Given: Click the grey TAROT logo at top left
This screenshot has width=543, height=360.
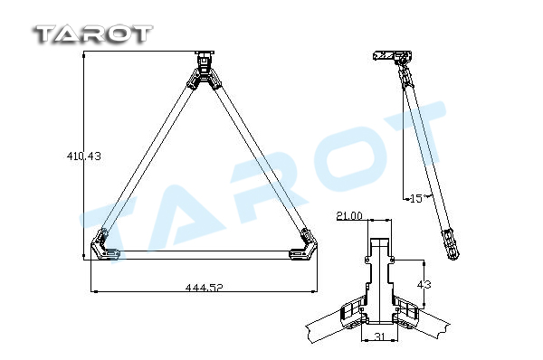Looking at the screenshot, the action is click(x=93, y=34).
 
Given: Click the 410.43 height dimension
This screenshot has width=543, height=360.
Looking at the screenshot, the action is click(x=84, y=156).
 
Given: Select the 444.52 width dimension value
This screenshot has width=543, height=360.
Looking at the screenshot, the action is click(x=205, y=288).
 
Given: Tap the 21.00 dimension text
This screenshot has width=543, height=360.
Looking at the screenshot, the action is click(x=349, y=215).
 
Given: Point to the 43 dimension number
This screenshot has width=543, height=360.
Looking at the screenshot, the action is click(x=424, y=285).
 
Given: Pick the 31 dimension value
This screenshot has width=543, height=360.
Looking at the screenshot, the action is click(x=380, y=336).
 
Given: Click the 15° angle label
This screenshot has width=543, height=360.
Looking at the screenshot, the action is click(x=416, y=198).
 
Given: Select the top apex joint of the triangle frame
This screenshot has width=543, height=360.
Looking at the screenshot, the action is click(x=205, y=71).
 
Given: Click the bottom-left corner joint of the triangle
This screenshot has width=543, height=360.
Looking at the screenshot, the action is click(x=104, y=246).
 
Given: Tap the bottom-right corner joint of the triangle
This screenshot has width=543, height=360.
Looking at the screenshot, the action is click(x=304, y=246).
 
